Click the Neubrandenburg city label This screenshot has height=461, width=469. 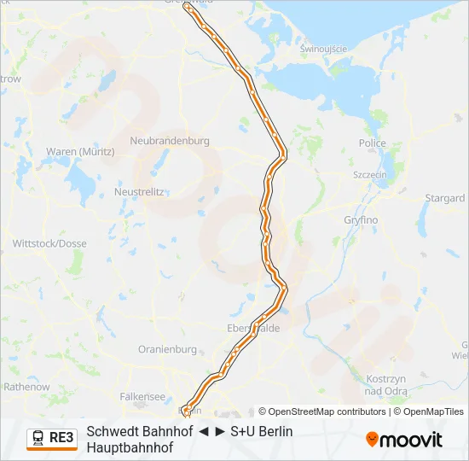tap(170, 141)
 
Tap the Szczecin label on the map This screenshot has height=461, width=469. tap(371, 174)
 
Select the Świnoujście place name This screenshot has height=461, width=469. tap(323, 49)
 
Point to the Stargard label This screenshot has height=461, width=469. tap(444, 198)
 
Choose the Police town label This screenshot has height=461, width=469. tap(373, 144)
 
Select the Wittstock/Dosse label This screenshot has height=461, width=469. tap(49, 243)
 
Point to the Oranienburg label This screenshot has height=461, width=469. tap(167, 350)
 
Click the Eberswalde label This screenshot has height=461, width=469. tap(254, 328)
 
